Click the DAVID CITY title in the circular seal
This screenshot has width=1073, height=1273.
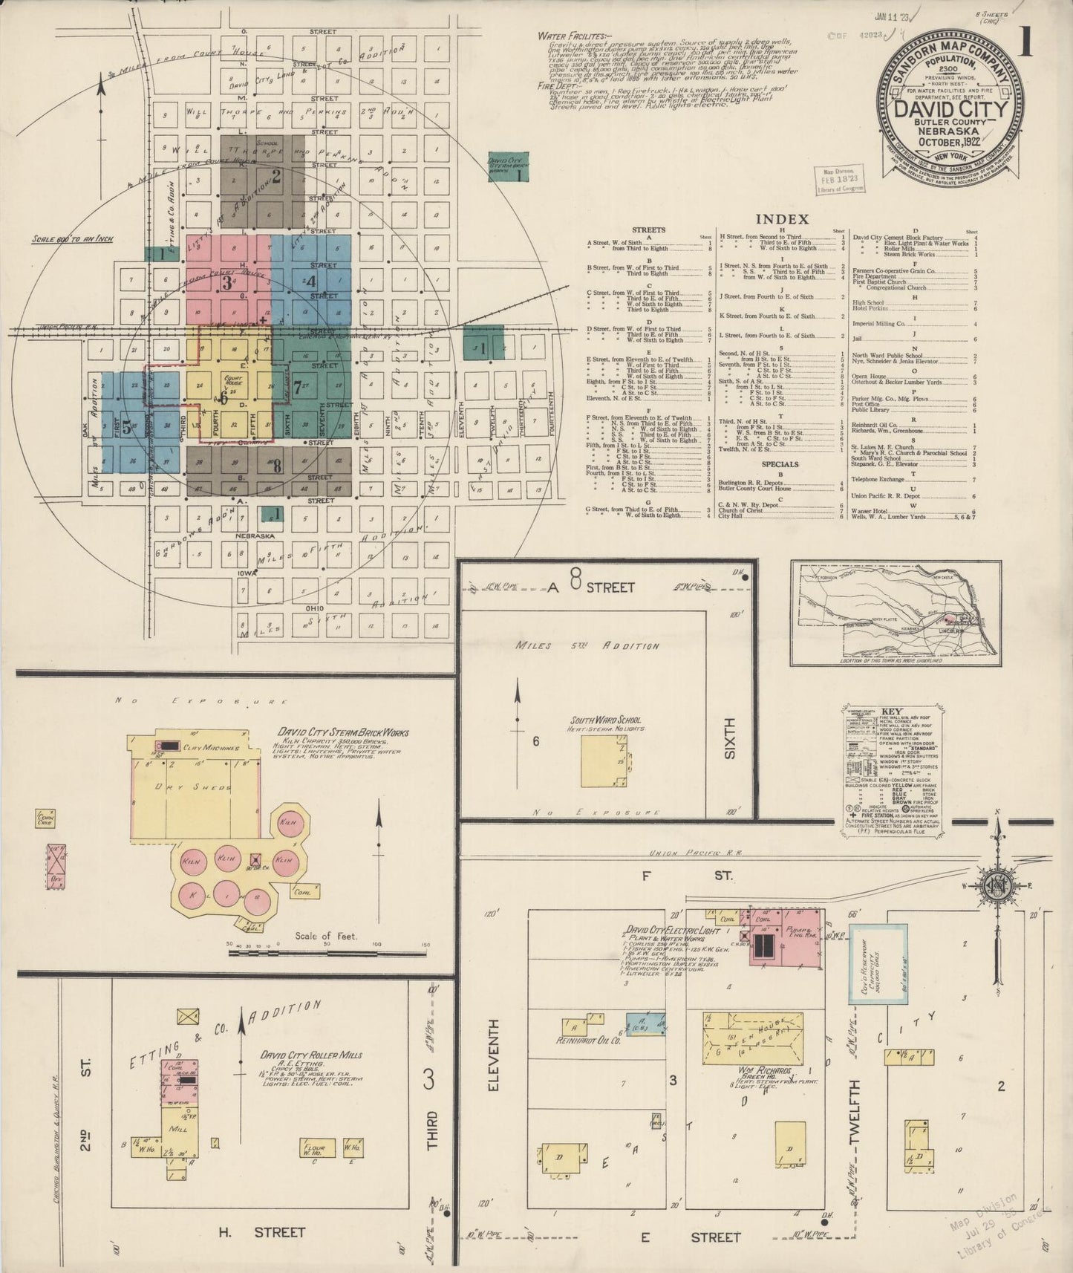coord(950,108)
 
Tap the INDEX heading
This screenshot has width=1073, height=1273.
coord(782,219)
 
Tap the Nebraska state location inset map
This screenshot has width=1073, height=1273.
coord(895,613)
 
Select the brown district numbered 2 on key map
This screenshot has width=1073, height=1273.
coord(261,180)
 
